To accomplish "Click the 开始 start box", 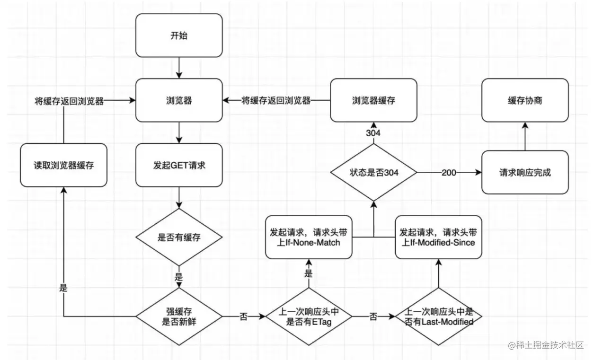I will click(x=179, y=35).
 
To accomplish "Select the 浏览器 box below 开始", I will click(x=179, y=100).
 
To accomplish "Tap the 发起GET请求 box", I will click(x=179, y=166).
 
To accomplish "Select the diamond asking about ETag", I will click(x=309, y=316).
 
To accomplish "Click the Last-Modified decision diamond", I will click(x=438, y=316).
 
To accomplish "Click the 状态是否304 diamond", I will click(x=374, y=173).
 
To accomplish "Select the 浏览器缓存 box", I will click(x=374, y=100).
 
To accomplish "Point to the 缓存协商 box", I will click(x=525, y=100).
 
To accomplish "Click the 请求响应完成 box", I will click(x=525, y=173).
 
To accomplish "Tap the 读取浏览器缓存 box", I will click(x=63, y=166).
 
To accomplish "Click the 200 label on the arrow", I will click(x=449, y=173).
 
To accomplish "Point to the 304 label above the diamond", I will click(x=373, y=133).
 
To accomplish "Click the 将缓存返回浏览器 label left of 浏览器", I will click(x=69, y=101).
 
